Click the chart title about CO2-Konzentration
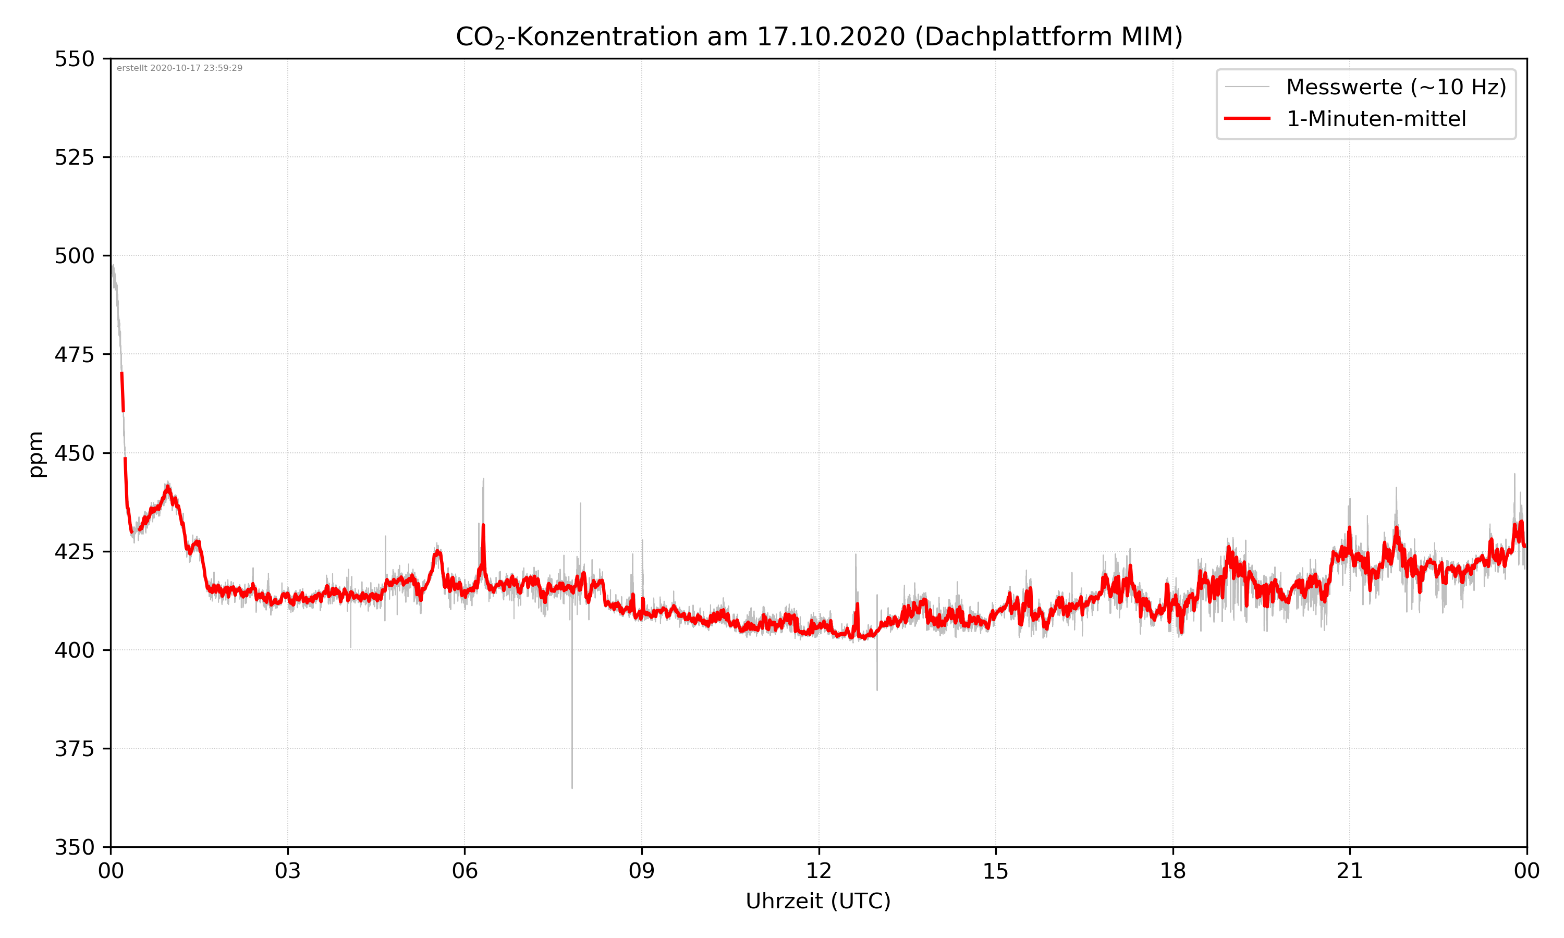[x=818, y=36]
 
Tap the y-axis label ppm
[x=36, y=454]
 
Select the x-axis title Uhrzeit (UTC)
[x=818, y=900]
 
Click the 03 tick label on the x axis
[x=288, y=871]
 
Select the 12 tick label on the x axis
[x=818, y=871]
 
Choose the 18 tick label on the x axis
[x=1172, y=871]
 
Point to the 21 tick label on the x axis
[x=1350, y=871]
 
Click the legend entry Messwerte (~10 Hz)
[x=1396, y=87]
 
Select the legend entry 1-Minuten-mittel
[x=1376, y=119]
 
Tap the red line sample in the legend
[x=1247, y=119]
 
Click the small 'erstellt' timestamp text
[x=179, y=68]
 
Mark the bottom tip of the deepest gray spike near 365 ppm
[x=572, y=787]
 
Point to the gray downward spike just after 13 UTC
[x=877, y=689]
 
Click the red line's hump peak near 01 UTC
[x=167, y=487]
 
